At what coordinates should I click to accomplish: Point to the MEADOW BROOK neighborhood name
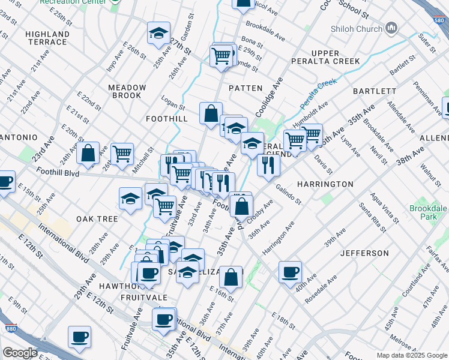[x=127, y=91]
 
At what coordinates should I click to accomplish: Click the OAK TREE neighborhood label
[x=97, y=219]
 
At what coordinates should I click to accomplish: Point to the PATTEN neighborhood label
[x=246, y=88]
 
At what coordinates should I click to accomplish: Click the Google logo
[x=20, y=352]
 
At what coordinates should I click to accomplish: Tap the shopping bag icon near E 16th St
[x=231, y=277]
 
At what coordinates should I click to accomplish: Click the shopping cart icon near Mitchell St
[x=122, y=153]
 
